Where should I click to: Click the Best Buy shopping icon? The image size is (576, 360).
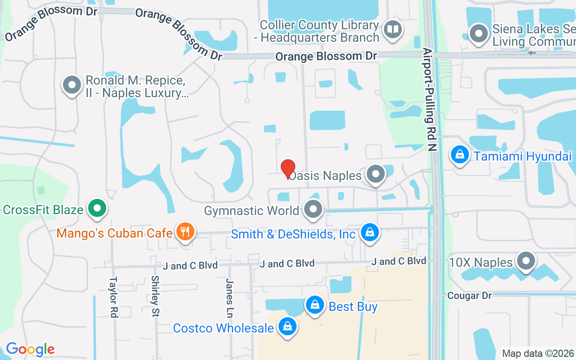click(315, 306)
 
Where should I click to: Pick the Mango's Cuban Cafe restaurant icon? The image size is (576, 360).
click(184, 232)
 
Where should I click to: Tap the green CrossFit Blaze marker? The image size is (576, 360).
click(97, 208)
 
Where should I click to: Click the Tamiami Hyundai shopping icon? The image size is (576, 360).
click(459, 155)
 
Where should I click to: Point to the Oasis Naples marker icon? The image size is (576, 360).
click(375, 174)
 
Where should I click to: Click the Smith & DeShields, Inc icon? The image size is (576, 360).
click(369, 233)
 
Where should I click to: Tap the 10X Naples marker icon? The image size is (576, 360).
click(525, 261)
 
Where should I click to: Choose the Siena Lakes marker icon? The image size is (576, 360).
click(479, 34)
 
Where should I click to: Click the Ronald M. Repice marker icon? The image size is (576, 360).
click(72, 85)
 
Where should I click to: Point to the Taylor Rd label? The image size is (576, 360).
click(113, 297)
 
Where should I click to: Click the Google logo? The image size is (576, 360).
click(30, 349)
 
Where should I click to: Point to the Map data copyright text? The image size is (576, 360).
click(538, 353)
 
